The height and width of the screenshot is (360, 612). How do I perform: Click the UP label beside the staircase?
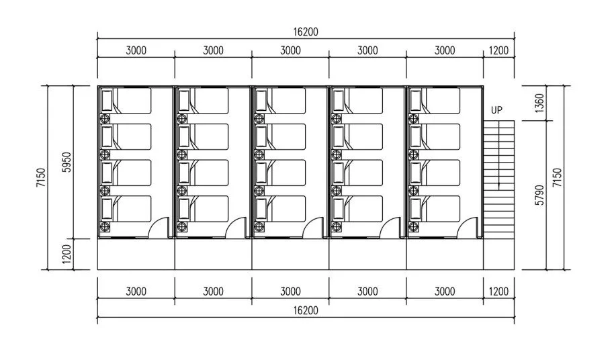click(x=496, y=110)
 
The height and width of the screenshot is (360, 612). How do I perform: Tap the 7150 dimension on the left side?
click(x=41, y=178)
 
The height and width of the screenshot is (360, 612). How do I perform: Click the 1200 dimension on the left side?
click(x=65, y=254)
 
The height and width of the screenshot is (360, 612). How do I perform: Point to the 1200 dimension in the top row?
click(x=498, y=50)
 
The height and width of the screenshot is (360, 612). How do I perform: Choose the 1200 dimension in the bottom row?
click(x=498, y=291)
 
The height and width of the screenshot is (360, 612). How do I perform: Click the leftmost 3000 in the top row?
click(x=136, y=50)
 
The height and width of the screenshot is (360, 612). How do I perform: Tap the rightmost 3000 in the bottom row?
click(x=445, y=291)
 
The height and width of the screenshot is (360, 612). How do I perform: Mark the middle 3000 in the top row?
click(x=290, y=50)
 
